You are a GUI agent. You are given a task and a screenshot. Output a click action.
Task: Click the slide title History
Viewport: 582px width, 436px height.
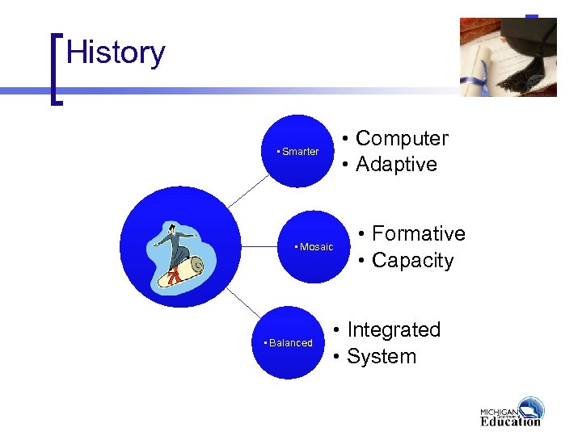116,53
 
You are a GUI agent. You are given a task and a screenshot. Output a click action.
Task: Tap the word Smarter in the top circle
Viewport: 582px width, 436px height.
300,152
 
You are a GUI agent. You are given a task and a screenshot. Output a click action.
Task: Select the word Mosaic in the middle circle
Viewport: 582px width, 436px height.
316,247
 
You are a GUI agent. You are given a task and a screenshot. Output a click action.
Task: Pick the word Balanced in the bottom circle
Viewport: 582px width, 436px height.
290,343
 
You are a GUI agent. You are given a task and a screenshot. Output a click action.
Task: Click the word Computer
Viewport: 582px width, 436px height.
402,139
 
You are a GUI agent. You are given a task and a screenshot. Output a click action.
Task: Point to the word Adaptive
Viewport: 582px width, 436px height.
396,165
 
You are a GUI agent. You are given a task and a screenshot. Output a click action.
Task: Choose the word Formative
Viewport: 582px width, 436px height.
418,234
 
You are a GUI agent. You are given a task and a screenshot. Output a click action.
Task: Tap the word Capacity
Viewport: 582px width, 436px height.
412,261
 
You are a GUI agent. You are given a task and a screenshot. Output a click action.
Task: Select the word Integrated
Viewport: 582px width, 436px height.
394,330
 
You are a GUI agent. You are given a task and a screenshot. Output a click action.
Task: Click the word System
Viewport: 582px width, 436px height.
381,357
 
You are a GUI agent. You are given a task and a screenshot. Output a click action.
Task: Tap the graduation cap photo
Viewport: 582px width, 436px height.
508,57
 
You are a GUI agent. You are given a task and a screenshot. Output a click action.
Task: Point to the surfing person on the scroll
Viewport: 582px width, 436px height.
179,254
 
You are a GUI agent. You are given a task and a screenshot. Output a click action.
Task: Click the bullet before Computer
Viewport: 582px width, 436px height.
345,140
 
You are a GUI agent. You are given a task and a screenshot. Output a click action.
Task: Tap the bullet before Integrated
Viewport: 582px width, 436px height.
337,331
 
